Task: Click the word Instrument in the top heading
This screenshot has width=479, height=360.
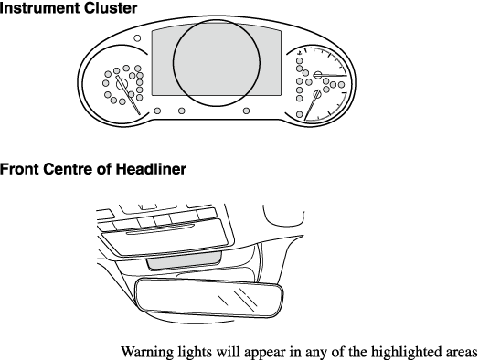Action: click(39, 7)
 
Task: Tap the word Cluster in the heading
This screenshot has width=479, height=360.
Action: click(111, 7)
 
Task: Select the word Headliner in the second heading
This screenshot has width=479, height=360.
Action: click(151, 169)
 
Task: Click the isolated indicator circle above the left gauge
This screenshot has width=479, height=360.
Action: click(137, 38)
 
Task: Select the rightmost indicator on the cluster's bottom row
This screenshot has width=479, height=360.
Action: click(246, 111)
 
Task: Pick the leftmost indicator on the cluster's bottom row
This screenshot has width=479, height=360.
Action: click(157, 111)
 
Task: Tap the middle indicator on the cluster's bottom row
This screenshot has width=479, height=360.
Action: click(182, 111)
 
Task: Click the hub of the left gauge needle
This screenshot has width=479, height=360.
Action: click(122, 83)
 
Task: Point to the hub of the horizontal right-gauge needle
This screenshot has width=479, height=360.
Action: click(318, 75)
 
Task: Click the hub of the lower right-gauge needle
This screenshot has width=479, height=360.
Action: click(317, 94)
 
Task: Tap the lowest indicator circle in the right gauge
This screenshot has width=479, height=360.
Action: click(300, 115)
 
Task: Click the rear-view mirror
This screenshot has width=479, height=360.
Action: click(209, 298)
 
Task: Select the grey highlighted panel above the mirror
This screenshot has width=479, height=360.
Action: click(185, 260)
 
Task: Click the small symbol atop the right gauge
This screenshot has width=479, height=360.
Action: click(300, 53)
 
